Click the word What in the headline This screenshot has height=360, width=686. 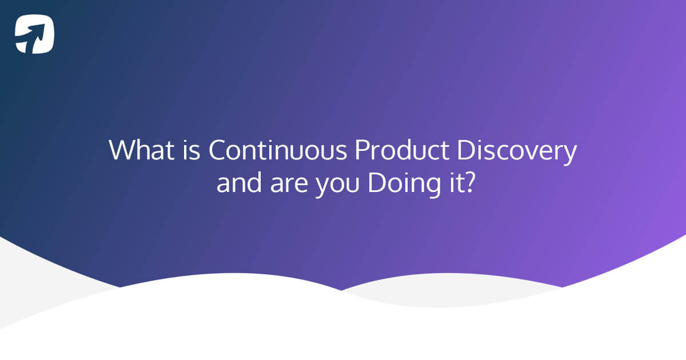[137, 150]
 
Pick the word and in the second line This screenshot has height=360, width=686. [238, 184]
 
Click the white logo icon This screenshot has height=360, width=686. [35, 34]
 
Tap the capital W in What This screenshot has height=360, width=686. [121, 150]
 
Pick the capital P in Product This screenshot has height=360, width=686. [361, 150]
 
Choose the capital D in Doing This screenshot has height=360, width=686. [377, 184]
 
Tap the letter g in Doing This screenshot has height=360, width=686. [432, 187]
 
